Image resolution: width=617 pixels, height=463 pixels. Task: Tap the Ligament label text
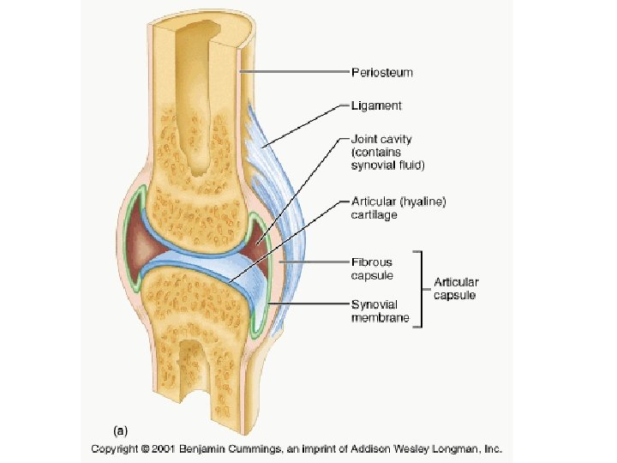[x=376, y=106]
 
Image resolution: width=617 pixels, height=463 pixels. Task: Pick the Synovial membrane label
[x=376, y=311]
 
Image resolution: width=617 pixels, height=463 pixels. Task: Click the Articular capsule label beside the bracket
[x=456, y=288]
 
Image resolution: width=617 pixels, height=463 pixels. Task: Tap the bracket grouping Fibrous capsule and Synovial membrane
[x=421, y=288]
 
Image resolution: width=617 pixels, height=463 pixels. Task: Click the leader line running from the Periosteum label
[x=291, y=73]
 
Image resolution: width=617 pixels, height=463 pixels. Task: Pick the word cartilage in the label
[x=374, y=215]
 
